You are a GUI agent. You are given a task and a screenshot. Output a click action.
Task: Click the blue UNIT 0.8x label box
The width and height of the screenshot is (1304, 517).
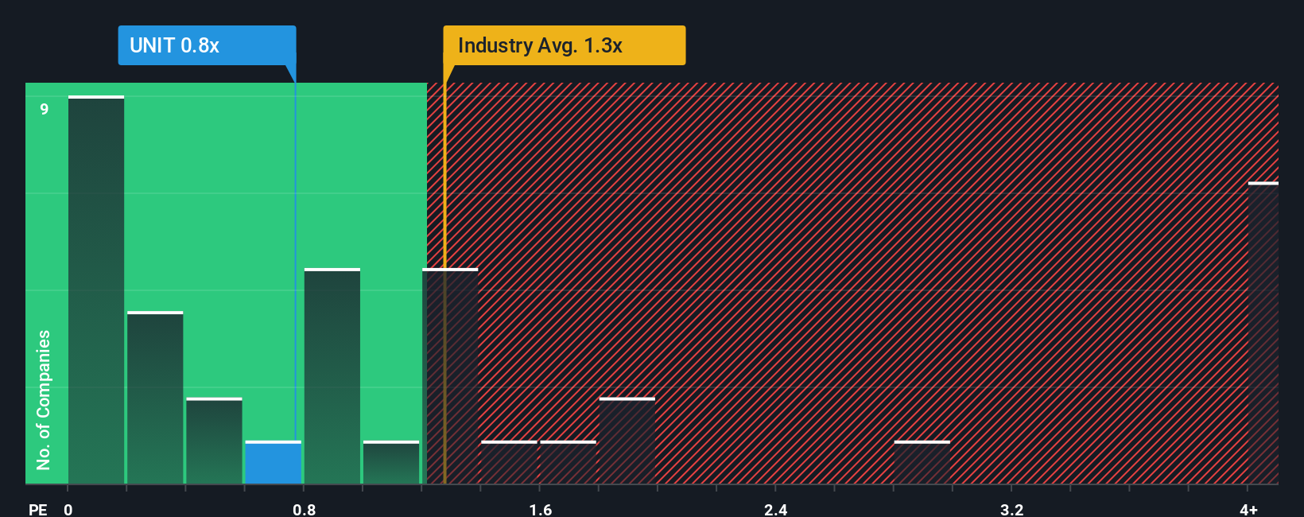click(207, 45)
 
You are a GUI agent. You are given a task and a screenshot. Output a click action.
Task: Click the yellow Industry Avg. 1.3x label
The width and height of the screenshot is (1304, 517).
click(564, 45)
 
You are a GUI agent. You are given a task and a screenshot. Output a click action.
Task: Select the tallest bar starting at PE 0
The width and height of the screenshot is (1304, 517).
click(96, 290)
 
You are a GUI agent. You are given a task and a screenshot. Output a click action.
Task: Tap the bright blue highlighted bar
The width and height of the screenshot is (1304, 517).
click(273, 463)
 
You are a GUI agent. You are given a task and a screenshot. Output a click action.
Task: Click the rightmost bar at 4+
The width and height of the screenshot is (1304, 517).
click(1263, 334)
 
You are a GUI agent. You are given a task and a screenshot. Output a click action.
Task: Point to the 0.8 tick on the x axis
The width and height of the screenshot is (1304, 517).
click(304, 509)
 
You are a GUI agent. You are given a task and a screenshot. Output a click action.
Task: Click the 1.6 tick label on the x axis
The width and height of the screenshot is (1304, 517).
click(540, 509)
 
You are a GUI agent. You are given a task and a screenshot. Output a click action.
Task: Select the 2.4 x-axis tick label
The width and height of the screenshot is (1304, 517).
click(775, 509)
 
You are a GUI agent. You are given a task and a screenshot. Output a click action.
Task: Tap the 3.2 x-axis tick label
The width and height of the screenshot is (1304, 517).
click(1011, 509)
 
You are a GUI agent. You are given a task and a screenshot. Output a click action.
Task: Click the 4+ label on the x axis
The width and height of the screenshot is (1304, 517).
click(1248, 509)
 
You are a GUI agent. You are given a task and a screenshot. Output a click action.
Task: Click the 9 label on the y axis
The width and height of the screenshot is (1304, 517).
click(45, 109)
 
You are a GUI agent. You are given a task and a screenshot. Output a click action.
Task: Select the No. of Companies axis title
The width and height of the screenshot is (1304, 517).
click(44, 399)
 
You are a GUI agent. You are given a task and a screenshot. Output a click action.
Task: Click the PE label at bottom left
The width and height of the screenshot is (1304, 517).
click(37, 509)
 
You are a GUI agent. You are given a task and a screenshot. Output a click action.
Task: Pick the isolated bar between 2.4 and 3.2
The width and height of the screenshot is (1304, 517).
click(922, 463)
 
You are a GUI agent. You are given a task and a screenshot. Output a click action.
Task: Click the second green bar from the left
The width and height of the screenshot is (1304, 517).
click(155, 398)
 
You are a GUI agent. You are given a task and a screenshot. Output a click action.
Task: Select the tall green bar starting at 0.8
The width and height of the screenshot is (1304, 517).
click(332, 376)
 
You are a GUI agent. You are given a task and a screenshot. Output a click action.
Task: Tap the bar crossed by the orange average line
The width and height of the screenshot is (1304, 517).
click(450, 376)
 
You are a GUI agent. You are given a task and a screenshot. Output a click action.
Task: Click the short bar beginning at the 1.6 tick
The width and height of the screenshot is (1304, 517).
click(568, 463)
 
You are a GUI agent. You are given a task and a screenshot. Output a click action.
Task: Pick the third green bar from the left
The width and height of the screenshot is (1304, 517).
click(214, 441)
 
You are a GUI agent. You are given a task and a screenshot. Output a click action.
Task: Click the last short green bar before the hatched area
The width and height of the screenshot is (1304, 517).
click(391, 463)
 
